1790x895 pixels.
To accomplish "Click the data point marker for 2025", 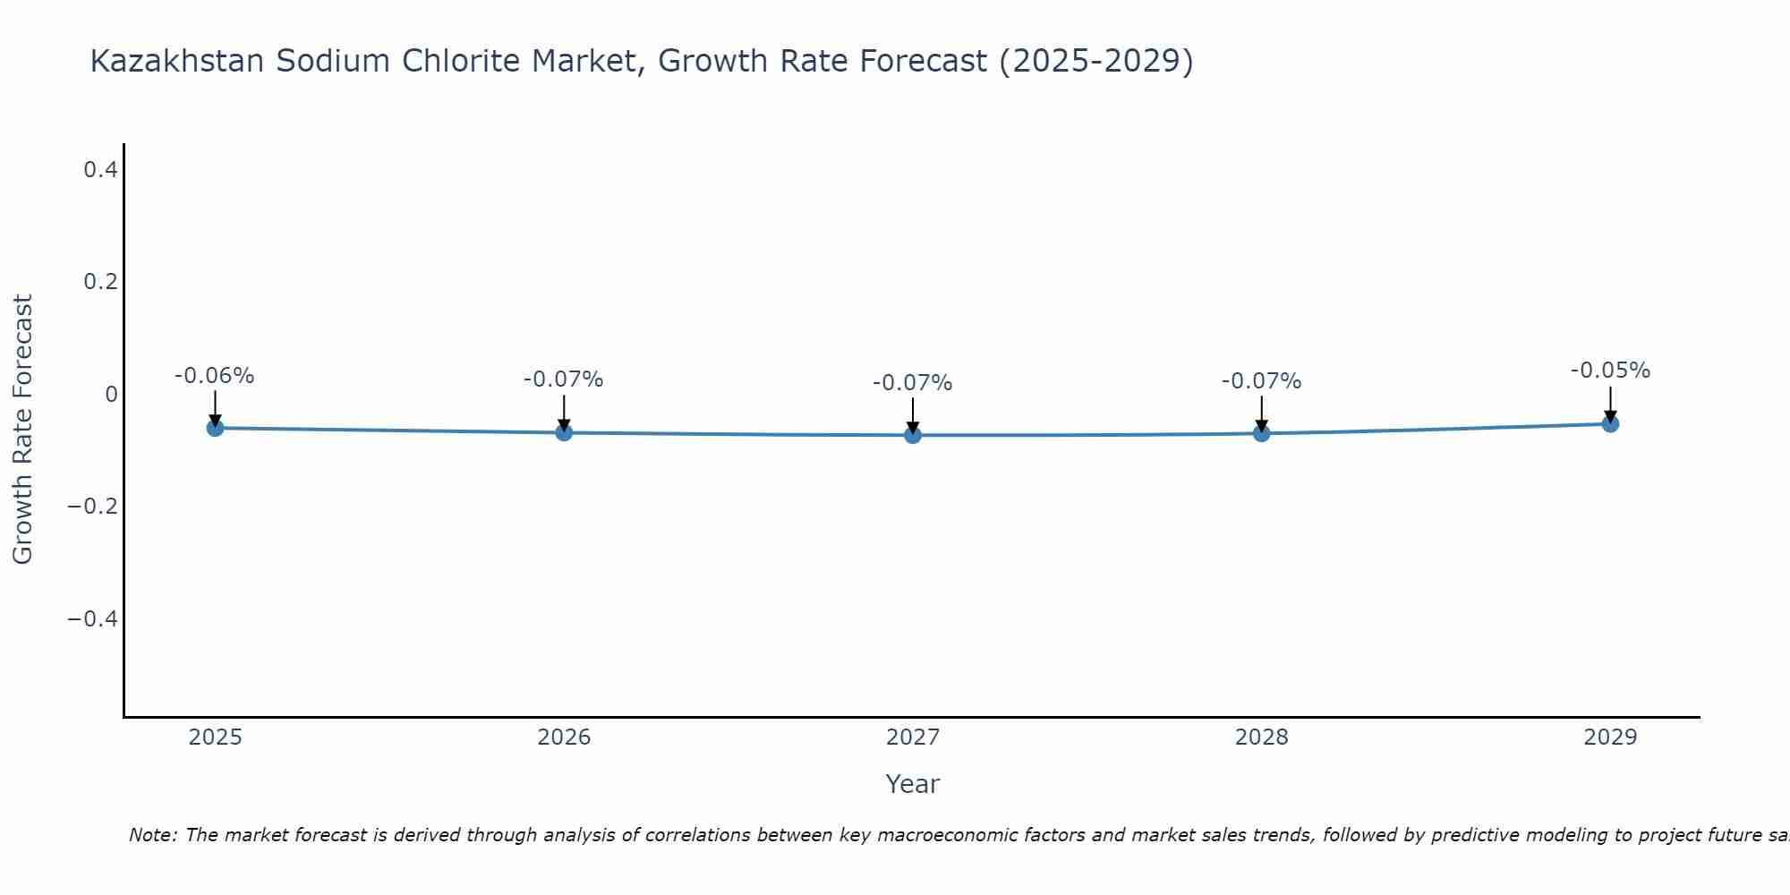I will [x=215, y=428].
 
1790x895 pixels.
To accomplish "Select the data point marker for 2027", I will [x=913, y=435].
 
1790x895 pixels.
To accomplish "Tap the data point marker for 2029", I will [x=1610, y=423].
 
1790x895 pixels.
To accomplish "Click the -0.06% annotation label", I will [x=215, y=376].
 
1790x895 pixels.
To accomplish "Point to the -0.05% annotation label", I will [x=1610, y=371].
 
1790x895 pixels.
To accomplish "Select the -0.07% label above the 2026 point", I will [x=564, y=379].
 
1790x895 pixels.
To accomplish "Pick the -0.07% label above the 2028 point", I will [x=1261, y=381].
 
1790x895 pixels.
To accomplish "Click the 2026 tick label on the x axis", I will [x=564, y=737].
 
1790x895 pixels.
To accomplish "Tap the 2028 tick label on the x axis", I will [x=1261, y=737].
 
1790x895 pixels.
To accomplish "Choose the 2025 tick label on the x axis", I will [x=215, y=737].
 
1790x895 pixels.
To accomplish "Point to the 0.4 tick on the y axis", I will [x=100, y=168].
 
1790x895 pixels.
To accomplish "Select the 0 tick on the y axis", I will [x=111, y=394].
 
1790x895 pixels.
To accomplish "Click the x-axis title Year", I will [x=912, y=784].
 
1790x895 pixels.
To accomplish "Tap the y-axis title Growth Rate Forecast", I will [x=22, y=429].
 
